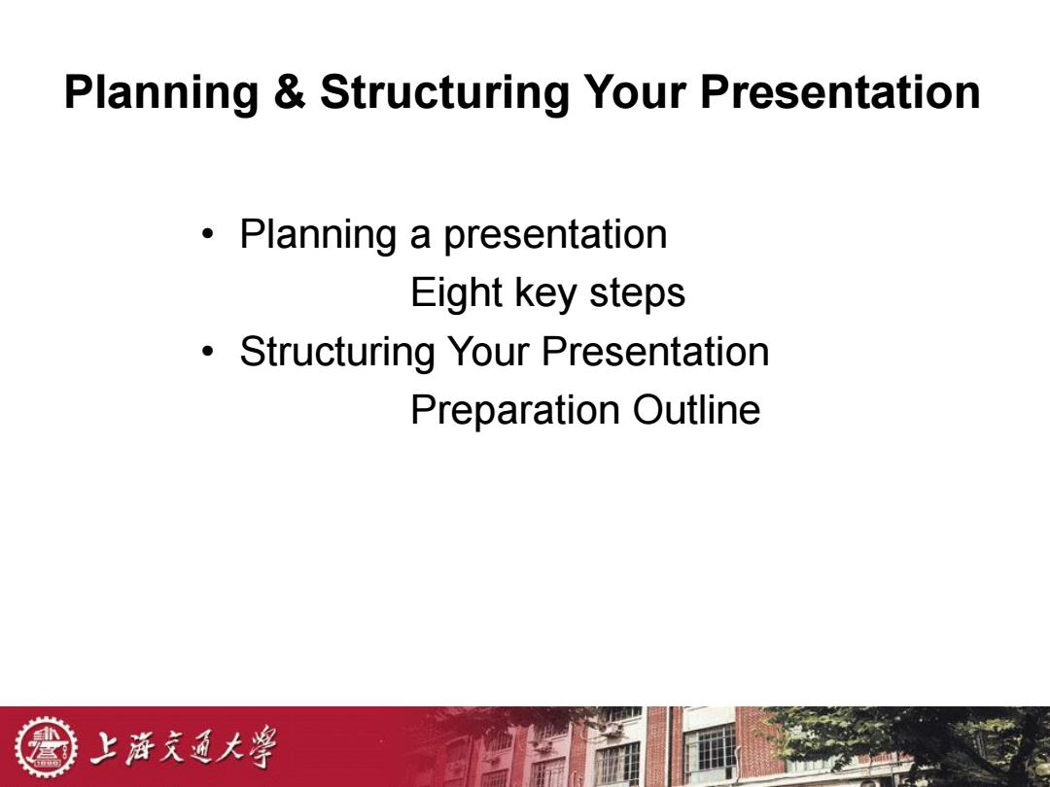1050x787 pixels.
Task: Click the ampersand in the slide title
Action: pos(290,91)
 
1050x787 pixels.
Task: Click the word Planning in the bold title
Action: pos(161,93)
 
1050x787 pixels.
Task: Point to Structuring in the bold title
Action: pos(444,93)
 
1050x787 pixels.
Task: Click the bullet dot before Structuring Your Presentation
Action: pos(208,352)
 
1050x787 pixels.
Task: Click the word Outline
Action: pos(696,410)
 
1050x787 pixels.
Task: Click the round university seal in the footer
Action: pos(47,747)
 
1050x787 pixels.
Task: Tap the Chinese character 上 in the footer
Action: pos(107,747)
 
